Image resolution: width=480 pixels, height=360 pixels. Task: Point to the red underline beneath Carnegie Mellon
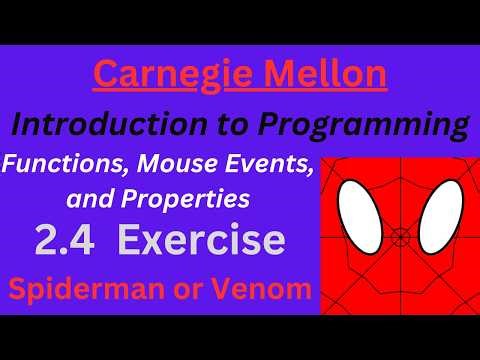pos(240,93)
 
